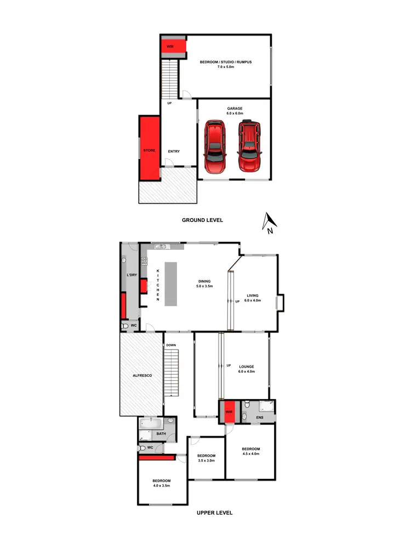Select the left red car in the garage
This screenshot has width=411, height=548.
point(215,146)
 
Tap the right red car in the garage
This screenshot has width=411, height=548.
point(249,146)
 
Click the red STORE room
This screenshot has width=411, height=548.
point(149,150)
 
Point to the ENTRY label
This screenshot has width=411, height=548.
point(174,151)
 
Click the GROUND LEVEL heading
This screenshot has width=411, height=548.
point(203,220)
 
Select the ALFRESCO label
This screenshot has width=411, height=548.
point(142,375)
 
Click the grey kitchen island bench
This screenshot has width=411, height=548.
point(172,284)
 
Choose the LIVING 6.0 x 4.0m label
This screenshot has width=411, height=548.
point(254,298)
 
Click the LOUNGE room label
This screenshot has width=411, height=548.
point(246,369)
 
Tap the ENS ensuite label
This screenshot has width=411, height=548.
point(259,418)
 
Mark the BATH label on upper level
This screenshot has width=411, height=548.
point(161,433)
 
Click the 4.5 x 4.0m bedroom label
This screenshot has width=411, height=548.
point(251,451)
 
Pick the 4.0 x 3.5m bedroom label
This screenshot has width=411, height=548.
point(162,483)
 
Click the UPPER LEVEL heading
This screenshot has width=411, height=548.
point(214,513)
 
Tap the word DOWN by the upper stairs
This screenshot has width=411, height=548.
point(171,345)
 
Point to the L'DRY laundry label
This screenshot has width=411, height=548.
point(132,274)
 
